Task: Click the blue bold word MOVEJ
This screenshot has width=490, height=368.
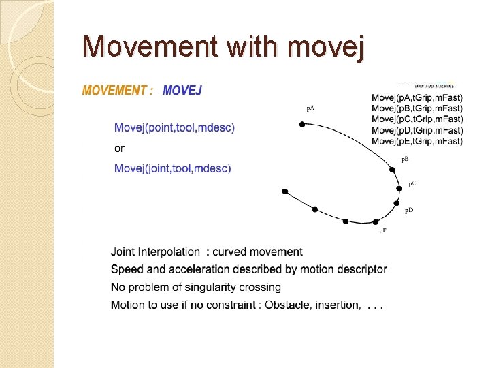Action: [182, 91]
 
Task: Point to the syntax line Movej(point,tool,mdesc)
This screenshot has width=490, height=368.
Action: [175, 127]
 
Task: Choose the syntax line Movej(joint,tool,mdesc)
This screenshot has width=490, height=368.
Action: [173, 168]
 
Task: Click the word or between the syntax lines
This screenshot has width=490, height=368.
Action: [120, 148]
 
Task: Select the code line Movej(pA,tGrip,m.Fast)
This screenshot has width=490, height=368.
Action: [417, 97]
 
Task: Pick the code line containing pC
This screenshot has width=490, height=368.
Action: [417, 119]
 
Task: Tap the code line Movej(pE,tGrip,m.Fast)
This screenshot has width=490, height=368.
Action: [417, 141]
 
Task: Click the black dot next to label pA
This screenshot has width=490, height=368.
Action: [302, 124]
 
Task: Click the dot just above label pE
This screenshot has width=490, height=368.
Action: [376, 222]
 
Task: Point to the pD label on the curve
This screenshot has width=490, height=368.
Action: [409, 211]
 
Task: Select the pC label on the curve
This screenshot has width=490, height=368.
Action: [412, 184]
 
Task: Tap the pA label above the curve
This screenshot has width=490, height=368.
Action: [310, 108]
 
